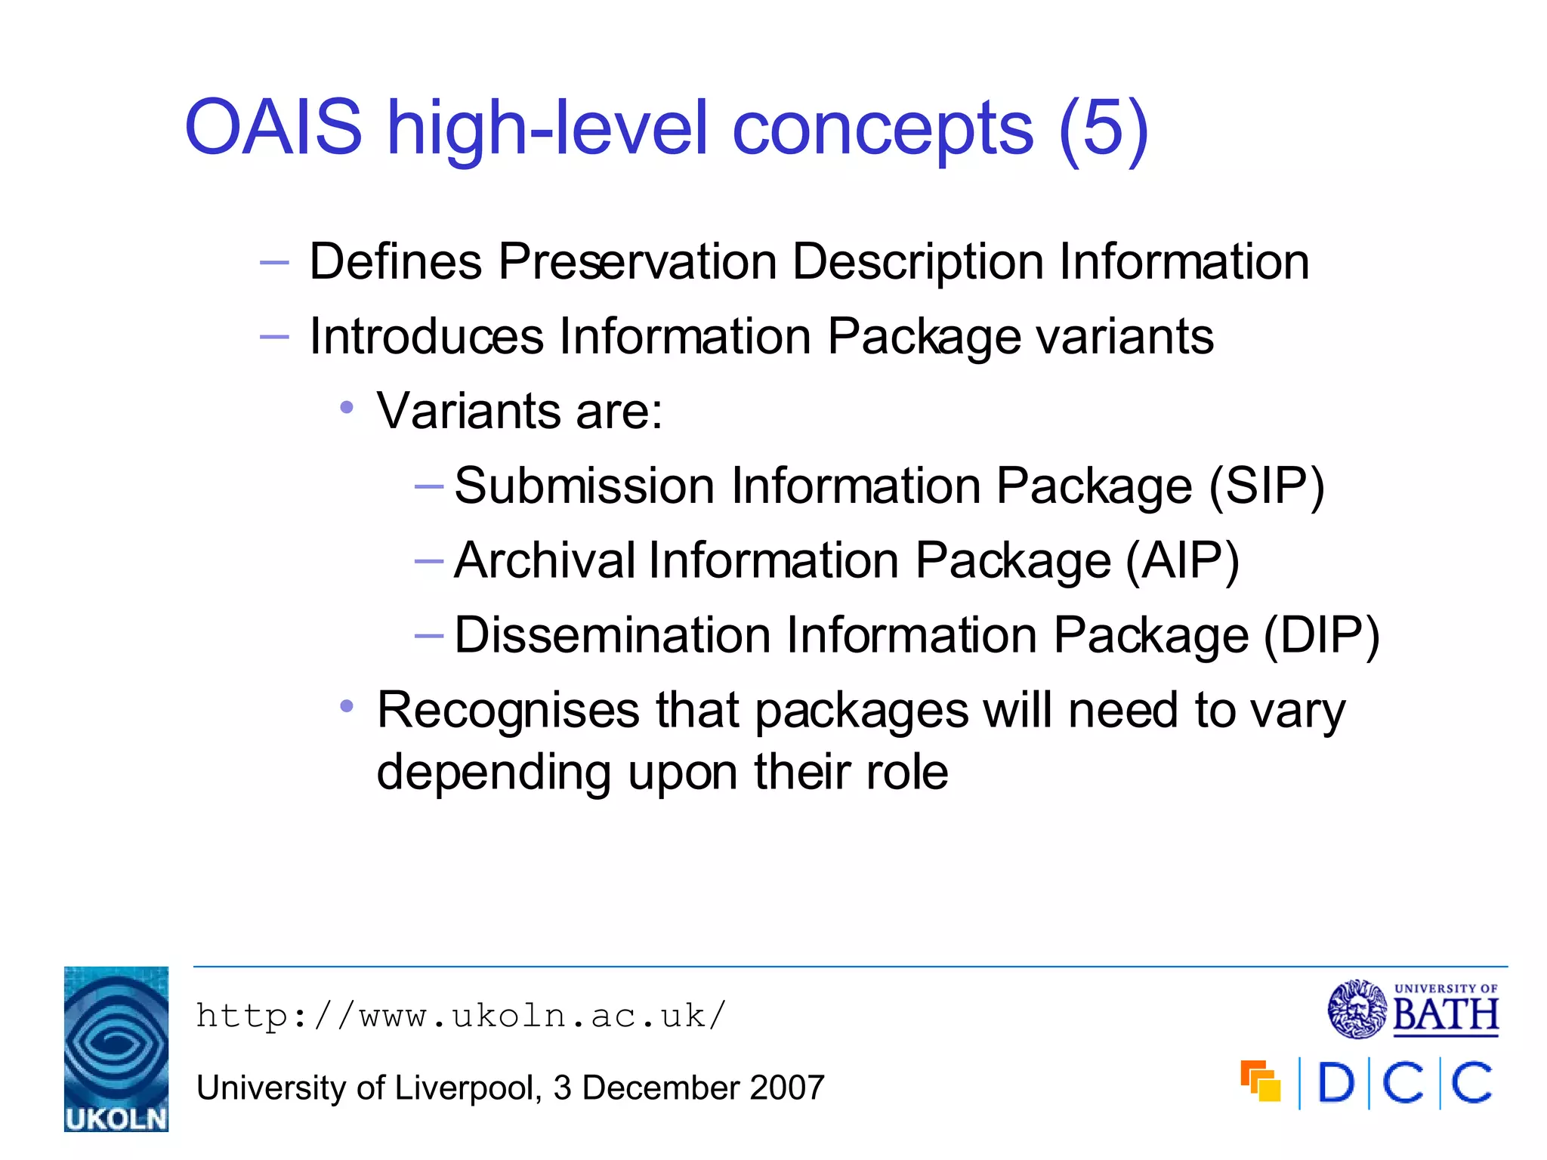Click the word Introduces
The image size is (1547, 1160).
tap(426, 336)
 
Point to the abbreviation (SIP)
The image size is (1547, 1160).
tap(1266, 486)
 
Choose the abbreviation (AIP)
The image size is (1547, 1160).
tap(1182, 560)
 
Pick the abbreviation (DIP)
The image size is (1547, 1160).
tap(1322, 635)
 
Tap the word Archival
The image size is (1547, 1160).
tap(544, 560)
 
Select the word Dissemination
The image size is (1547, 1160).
tap(613, 635)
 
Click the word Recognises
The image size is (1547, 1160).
tap(508, 710)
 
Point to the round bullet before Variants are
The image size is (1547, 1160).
tap(347, 408)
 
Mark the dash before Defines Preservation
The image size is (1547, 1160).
tap(273, 263)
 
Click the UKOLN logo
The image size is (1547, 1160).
tap(116, 1049)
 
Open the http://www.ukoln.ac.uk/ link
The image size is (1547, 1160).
tap(461, 1016)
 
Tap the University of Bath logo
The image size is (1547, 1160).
tap(1413, 1009)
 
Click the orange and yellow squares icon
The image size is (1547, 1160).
tap(1260, 1081)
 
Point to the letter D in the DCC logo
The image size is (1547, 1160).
tap(1335, 1083)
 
